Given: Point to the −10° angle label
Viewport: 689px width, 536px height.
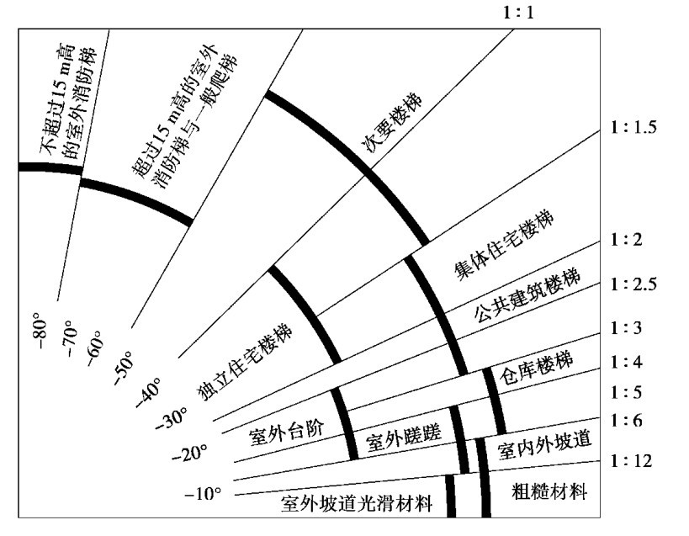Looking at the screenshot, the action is [x=202, y=493].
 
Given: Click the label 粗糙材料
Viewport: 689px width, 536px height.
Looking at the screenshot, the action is [x=549, y=491].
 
